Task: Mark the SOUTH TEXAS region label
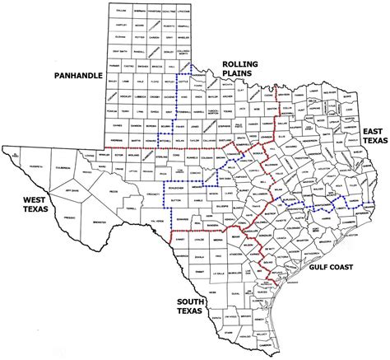click(196, 307)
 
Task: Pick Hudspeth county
click(36, 166)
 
